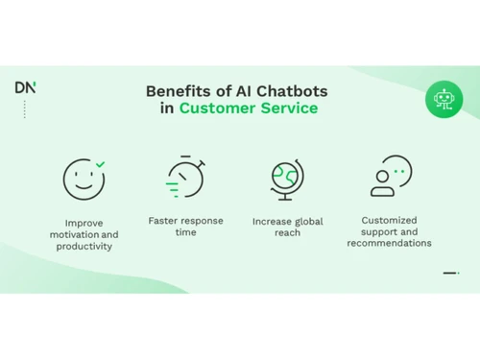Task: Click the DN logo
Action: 25,87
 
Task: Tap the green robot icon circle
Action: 444,100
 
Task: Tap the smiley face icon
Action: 83,179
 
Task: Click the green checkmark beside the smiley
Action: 101,165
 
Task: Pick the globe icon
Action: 287,179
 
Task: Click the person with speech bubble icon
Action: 389,177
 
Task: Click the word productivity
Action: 84,247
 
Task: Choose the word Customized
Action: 390,220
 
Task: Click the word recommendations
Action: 390,243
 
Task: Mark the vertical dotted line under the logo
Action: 25,108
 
